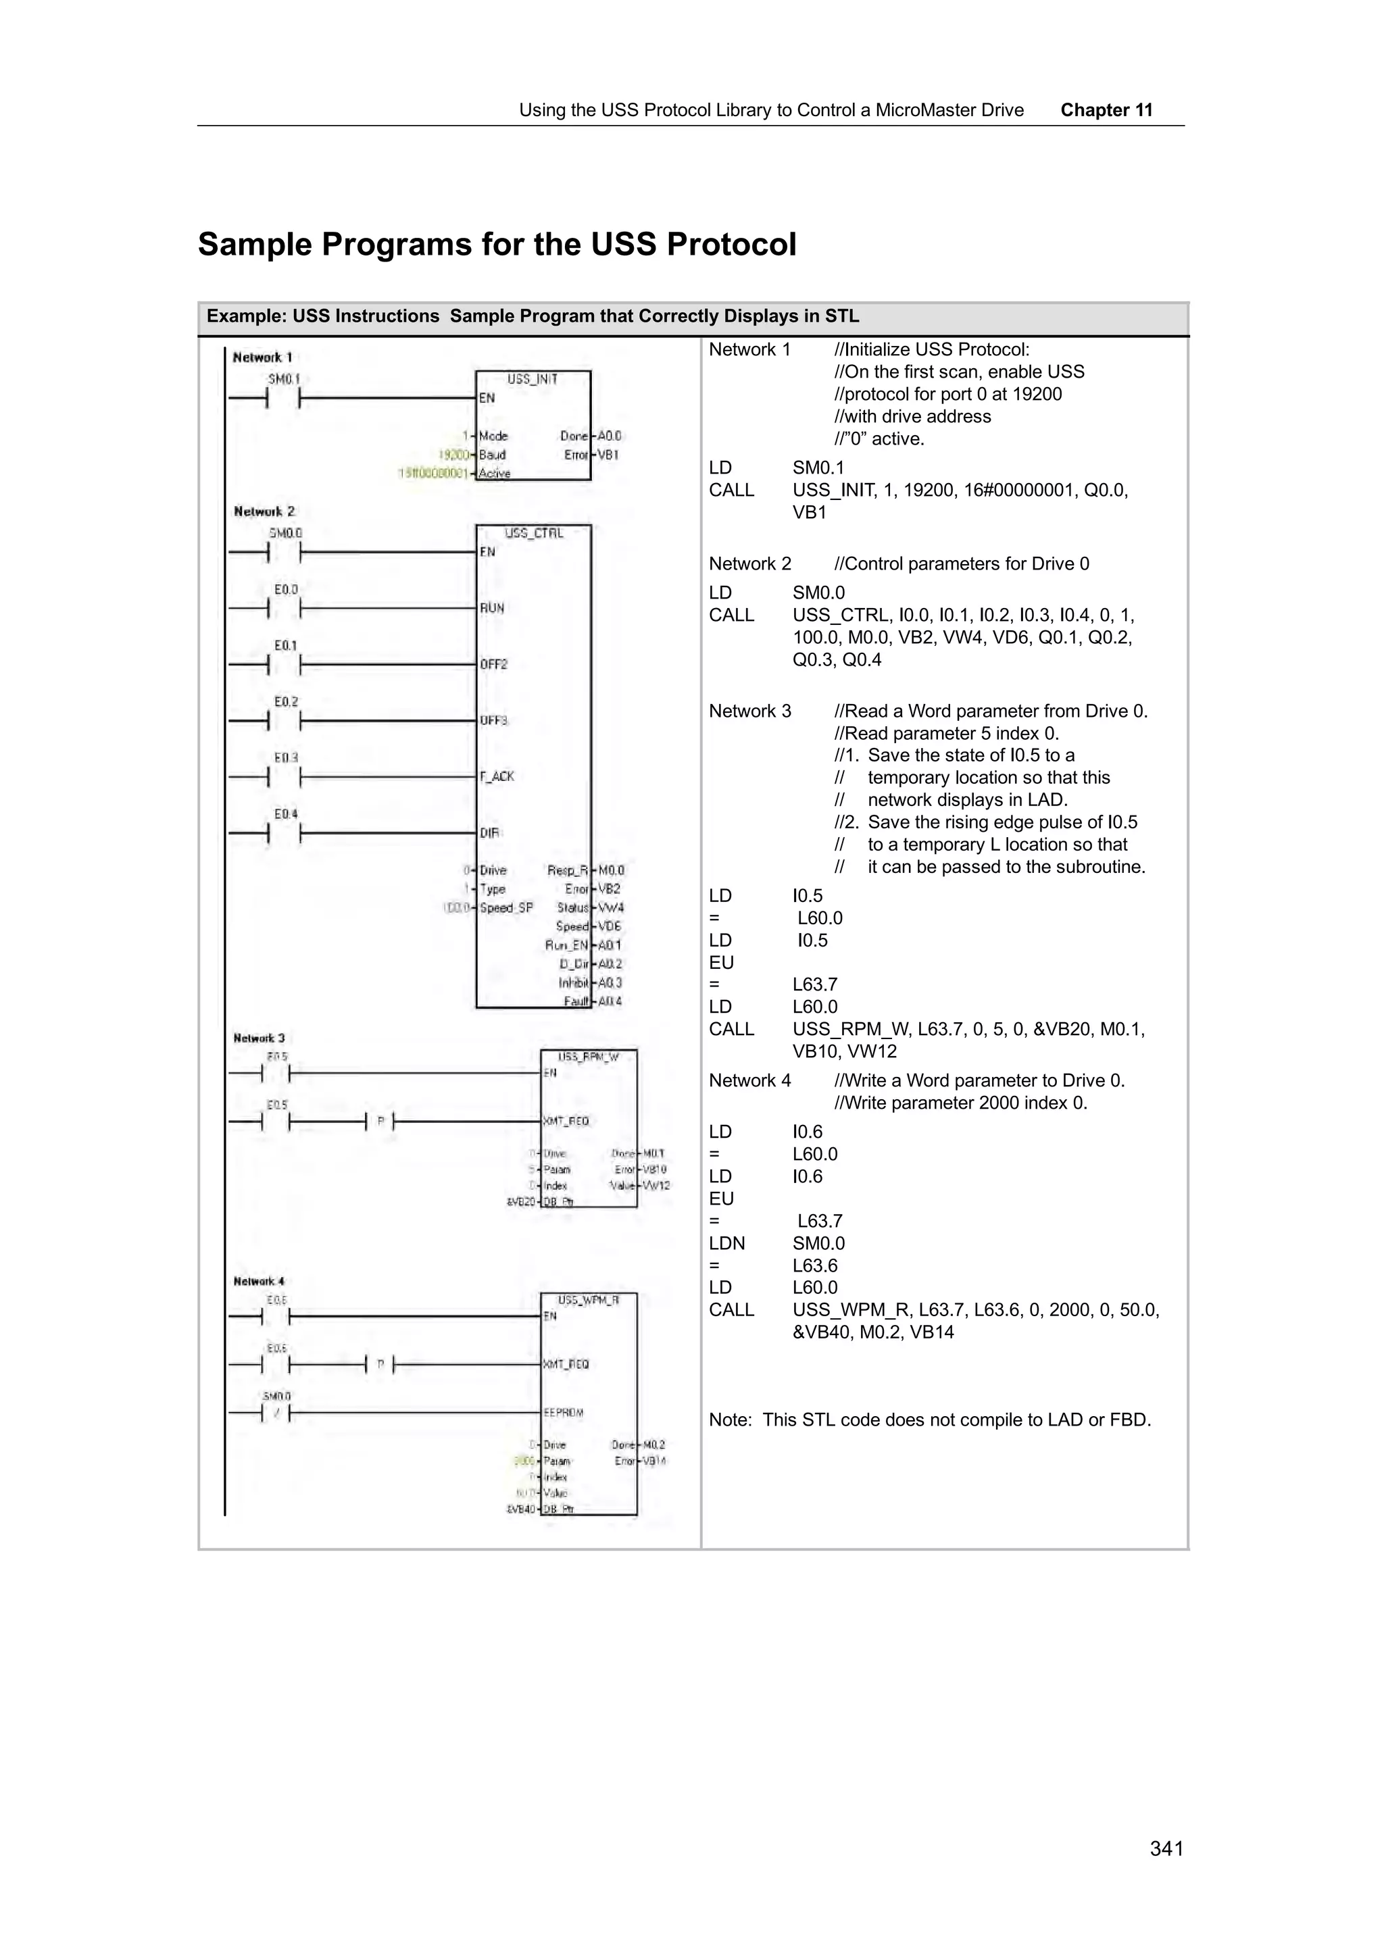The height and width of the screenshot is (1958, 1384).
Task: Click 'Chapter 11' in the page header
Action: pos(1106,110)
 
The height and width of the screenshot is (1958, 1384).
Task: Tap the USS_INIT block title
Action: pos(532,380)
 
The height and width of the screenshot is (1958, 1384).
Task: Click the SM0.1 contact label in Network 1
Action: pos(284,378)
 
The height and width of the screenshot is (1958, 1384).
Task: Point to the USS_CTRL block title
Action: pos(534,534)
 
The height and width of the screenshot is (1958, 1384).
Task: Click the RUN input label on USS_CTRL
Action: pos(491,608)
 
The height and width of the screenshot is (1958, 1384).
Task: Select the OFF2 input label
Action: pos(493,664)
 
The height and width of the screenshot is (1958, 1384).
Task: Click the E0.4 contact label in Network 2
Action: pos(286,813)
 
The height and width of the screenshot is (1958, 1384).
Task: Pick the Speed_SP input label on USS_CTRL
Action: pos(505,908)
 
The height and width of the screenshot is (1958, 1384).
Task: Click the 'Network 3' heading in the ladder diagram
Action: pos(258,1038)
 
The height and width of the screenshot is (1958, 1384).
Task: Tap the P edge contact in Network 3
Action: pos(380,1122)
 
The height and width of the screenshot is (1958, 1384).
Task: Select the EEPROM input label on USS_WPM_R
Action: pos(563,1413)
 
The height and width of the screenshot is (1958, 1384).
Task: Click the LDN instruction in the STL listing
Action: pos(726,1243)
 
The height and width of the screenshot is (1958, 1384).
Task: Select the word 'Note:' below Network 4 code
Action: pos(730,1420)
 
